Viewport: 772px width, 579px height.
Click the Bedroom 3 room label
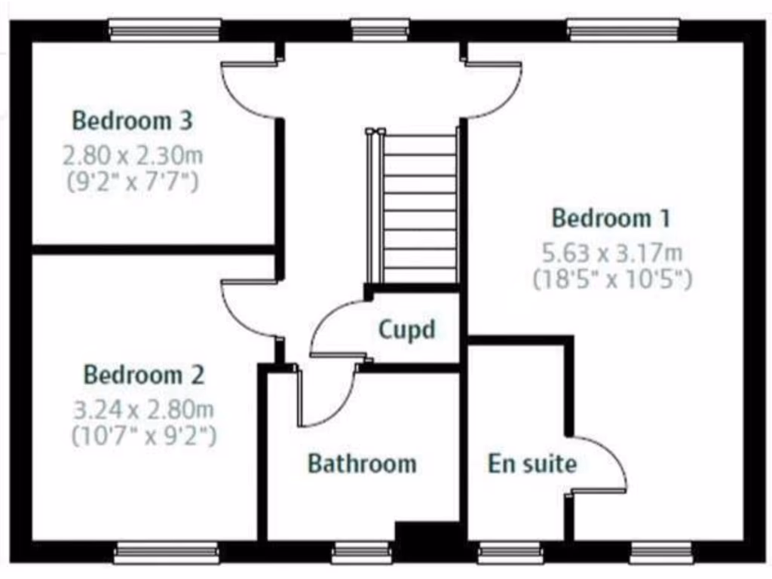coord(133,120)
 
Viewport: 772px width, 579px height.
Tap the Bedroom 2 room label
coord(143,375)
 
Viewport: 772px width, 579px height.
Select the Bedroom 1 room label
coord(611,218)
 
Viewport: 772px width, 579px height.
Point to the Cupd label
coord(407,329)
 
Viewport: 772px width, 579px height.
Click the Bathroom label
coord(362,463)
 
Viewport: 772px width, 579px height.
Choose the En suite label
coord(532,463)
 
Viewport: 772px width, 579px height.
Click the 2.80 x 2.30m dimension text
coord(133,157)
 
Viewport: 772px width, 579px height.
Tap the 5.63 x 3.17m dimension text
coord(612,253)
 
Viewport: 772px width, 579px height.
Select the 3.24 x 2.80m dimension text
coord(143,411)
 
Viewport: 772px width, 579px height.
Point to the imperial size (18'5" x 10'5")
coord(612,280)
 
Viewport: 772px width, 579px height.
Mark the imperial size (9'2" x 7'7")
coord(133,182)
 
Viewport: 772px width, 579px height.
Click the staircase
coord(413,207)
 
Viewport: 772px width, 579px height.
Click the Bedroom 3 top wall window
coord(164,29)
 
